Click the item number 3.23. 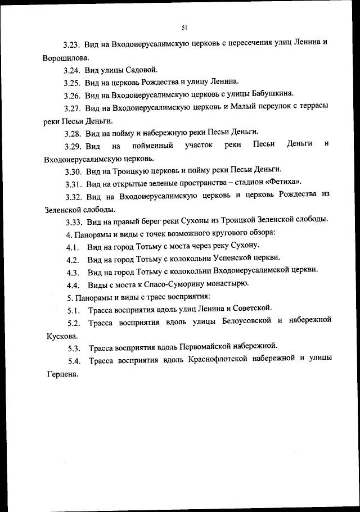click(x=73, y=44)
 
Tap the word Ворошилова click(x=65, y=57)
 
